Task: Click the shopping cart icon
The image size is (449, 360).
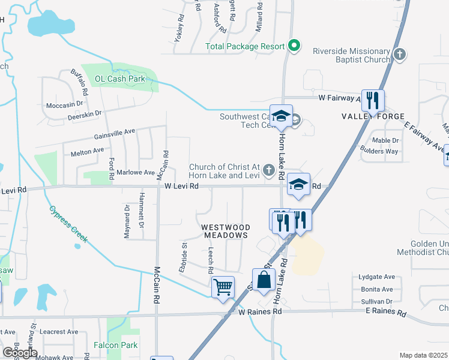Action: pyautogui.click(x=223, y=287)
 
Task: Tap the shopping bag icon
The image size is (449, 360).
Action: pyautogui.click(x=264, y=280)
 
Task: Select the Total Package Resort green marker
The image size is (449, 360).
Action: pyautogui.click(x=294, y=46)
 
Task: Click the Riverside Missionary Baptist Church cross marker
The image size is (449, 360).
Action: pyautogui.click(x=399, y=55)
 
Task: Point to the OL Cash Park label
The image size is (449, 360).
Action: pyautogui.click(x=120, y=79)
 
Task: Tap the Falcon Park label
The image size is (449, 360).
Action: pyautogui.click(x=115, y=345)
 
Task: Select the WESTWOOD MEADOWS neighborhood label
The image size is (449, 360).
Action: pyautogui.click(x=225, y=232)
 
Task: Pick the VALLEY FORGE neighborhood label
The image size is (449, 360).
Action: pyautogui.click(x=373, y=116)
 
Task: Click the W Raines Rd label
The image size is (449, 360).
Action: pyautogui.click(x=259, y=312)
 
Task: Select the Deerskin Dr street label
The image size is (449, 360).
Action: pyautogui.click(x=86, y=112)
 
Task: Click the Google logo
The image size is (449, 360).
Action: pyautogui.click(x=19, y=352)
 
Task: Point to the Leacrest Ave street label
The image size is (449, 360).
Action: pyautogui.click(x=59, y=331)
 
